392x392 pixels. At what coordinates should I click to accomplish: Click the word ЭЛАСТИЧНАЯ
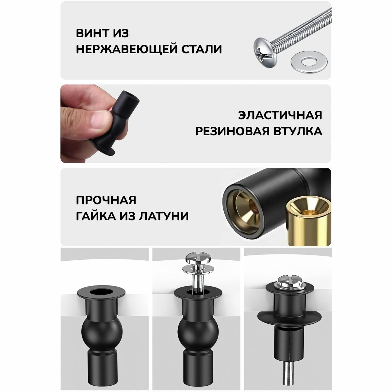click(x=280, y=115)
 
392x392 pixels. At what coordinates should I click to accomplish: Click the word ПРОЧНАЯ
click(x=106, y=200)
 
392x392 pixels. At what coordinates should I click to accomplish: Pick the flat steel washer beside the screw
click(x=309, y=61)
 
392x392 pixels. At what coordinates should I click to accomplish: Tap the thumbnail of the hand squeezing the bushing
click(x=100, y=123)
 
